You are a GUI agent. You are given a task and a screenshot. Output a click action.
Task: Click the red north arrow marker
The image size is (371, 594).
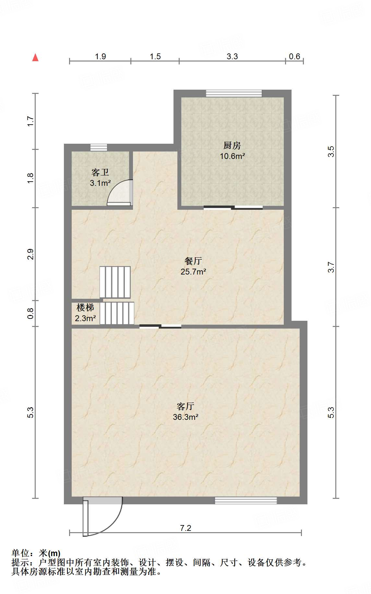(35, 58)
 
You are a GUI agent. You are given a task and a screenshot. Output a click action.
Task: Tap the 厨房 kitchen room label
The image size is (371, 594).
(232, 146)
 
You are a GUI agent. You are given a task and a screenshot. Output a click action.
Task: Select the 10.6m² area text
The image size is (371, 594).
(232, 156)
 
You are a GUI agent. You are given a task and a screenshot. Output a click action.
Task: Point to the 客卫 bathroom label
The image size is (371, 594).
(100, 172)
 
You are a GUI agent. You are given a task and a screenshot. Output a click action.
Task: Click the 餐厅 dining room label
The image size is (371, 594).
(193, 261)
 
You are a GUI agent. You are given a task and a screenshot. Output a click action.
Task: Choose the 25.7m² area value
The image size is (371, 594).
(193, 272)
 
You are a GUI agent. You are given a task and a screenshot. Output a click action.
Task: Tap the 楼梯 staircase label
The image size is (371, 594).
(85, 307)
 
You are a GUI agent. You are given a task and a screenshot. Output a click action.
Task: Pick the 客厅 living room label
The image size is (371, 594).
(185, 406)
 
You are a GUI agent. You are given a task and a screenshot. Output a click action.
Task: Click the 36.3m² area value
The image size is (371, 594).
(185, 417)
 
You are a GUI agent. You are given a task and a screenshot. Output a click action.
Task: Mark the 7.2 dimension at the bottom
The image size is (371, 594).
(185, 528)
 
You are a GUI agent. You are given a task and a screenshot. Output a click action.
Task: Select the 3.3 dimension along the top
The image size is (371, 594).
(232, 57)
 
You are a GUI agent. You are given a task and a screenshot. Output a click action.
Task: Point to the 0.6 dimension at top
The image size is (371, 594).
(294, 57)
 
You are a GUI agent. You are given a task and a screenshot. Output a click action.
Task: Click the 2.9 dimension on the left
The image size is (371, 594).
(30, 254)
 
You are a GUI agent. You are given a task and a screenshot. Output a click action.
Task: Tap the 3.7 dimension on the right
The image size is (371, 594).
(331, 267)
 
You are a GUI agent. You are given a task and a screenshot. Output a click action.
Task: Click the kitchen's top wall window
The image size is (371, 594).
(234, 93)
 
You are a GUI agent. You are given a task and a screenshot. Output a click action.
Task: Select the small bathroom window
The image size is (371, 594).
(99, 147)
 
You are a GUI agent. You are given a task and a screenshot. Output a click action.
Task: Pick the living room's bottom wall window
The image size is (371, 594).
(246, 500)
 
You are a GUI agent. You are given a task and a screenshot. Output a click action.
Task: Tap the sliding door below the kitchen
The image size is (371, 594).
(233, 207)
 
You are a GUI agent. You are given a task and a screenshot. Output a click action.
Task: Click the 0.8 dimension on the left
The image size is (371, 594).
(30, 313)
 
